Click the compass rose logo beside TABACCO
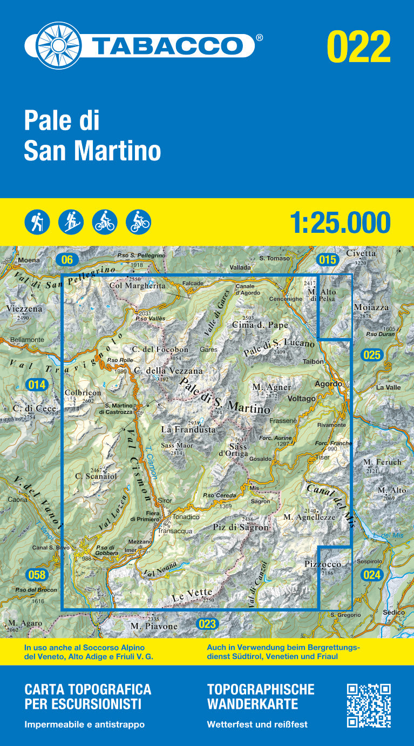coord(52,45)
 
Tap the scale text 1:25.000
coord(340,222)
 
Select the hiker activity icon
coord(37,221)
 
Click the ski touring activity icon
coord(71,221)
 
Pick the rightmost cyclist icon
coord(138,221)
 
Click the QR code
coord(369,705)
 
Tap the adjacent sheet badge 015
coord(327,259)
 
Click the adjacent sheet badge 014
coord(37,385)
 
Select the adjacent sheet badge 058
coord(37,574)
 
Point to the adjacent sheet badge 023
coord(207,624)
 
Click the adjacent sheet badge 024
coord(372,575)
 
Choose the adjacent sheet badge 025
coord(372,355)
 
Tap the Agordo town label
coord(329,384)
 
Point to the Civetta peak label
coord(361,253)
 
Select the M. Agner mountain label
coord(272,387)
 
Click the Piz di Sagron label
coord(240,527)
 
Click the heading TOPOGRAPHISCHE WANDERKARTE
coord(260,696)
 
